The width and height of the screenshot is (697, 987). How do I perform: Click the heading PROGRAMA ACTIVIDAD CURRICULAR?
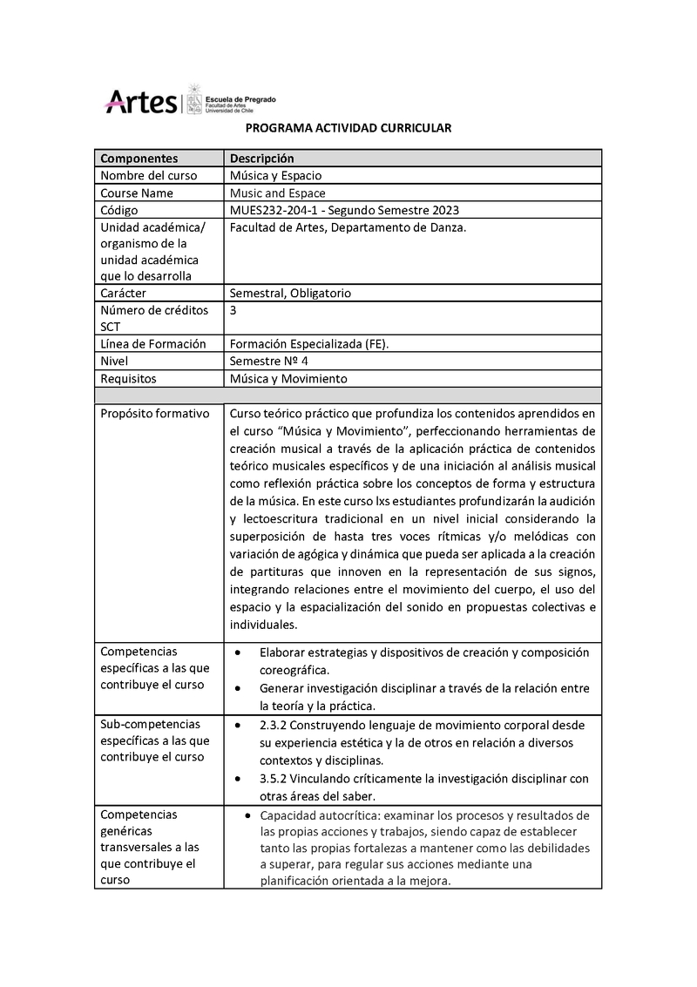(x=348, y=128)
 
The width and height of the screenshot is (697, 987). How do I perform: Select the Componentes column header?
(x=139, y=159)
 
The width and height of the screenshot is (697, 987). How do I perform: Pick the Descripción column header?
(x=261, y=159)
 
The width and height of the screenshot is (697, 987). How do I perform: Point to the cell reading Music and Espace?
(x=277, y=193)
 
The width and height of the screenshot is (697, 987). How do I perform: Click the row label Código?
(x=119, y=210)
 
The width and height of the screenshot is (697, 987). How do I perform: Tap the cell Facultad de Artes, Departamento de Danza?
(x=348, y=227)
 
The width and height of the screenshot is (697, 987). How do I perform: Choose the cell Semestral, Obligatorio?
(x=290, y=294)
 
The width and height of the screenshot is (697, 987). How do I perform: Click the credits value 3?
(x=233, y=310)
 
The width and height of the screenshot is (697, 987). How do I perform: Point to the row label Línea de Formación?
(x=153, y=343)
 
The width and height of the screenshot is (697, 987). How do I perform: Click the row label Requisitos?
(x=128, y=378)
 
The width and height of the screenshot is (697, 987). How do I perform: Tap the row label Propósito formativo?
(x=155, y=413)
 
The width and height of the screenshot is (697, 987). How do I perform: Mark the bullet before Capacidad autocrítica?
(x=249, y=815)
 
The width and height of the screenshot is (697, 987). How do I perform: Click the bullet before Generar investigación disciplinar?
(x=239, y=688)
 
